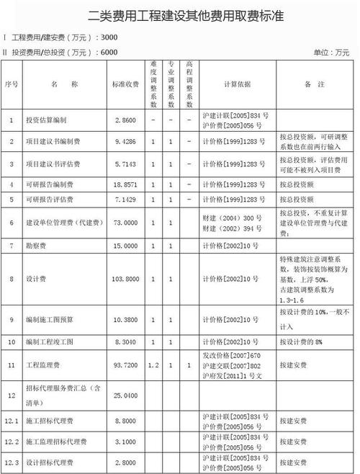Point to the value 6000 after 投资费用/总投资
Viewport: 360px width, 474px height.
[x=109, y=52]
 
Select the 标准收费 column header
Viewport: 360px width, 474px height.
[x=126, y=84]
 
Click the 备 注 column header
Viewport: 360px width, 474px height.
[x=312, y=84]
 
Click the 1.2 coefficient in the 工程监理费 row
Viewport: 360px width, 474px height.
[x=153, y=366]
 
